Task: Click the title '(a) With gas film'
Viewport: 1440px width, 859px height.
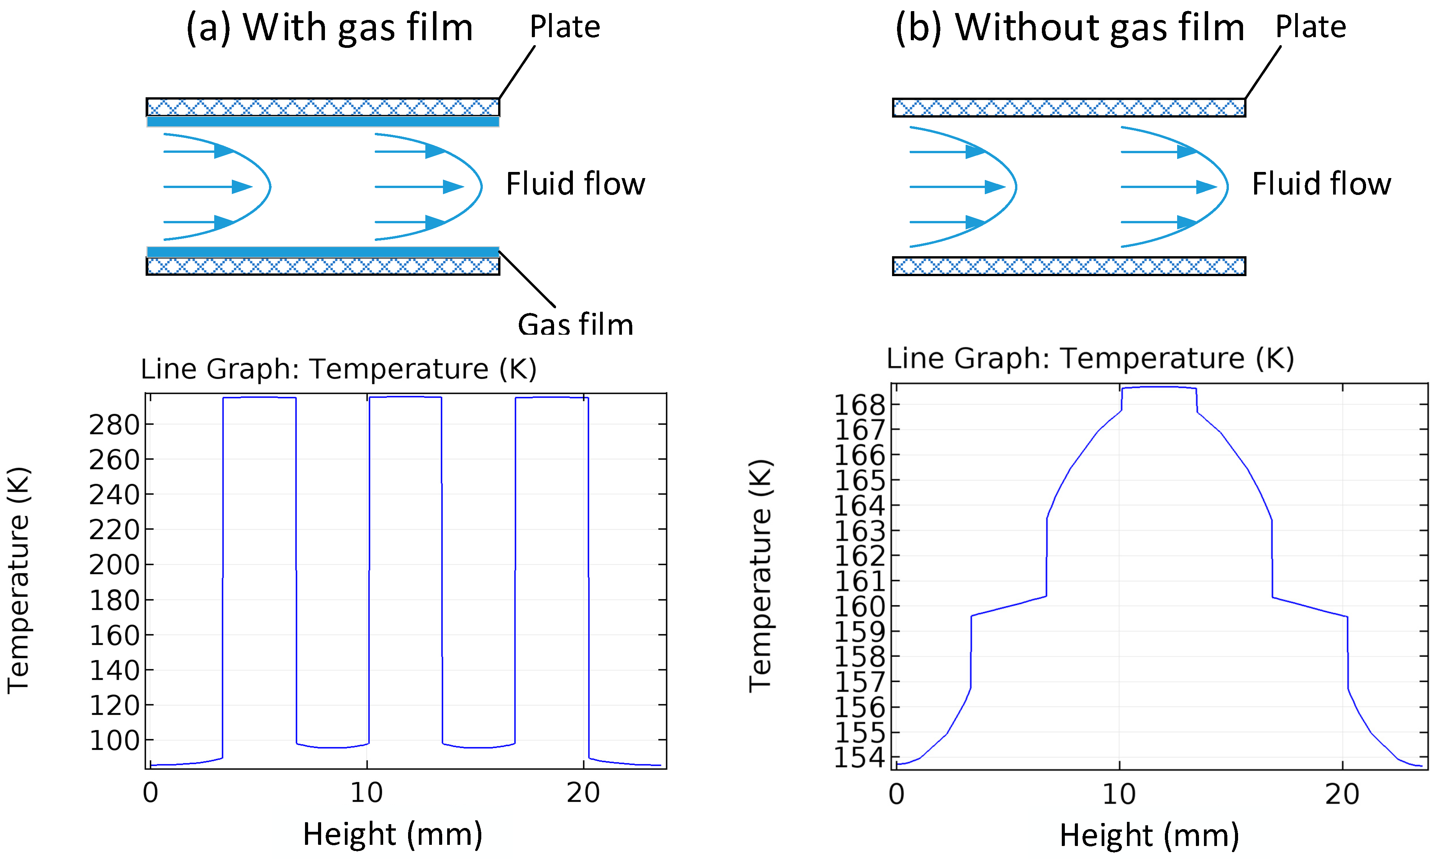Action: (x=329, y=28)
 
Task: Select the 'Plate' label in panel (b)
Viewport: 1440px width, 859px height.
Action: (x=1310, y=27)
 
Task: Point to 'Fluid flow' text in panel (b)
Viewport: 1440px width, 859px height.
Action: (x=1321, y=184)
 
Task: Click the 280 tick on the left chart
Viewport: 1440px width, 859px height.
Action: (x=114, y=425)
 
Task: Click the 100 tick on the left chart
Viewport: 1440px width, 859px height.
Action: (x=114, y=741)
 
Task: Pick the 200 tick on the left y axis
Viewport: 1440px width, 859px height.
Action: (x=114, y=565)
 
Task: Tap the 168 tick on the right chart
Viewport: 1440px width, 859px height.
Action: (x=859, y=405)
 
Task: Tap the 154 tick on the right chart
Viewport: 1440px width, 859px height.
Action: (x=859, y=758)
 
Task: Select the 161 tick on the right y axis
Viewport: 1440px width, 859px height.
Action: (x=859, y=582)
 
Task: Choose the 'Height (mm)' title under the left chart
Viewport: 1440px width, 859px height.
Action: (x=392, y=835)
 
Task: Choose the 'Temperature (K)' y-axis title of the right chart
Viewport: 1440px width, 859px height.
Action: (x=760, y=576)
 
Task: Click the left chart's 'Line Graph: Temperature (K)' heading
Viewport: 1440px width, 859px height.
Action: (x=339, y=369)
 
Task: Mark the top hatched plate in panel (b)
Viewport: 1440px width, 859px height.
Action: (x=1068, y=108)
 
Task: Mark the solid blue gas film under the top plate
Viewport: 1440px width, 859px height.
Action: (x=323, y=121)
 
